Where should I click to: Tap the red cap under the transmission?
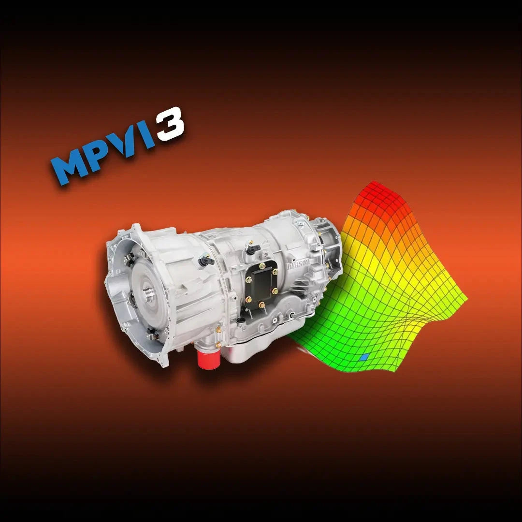click(209, 358)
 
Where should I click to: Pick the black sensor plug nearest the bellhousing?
click(206, 261)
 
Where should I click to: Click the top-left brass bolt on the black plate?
click(262, 265)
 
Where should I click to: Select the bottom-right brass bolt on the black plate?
click(261, 304)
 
